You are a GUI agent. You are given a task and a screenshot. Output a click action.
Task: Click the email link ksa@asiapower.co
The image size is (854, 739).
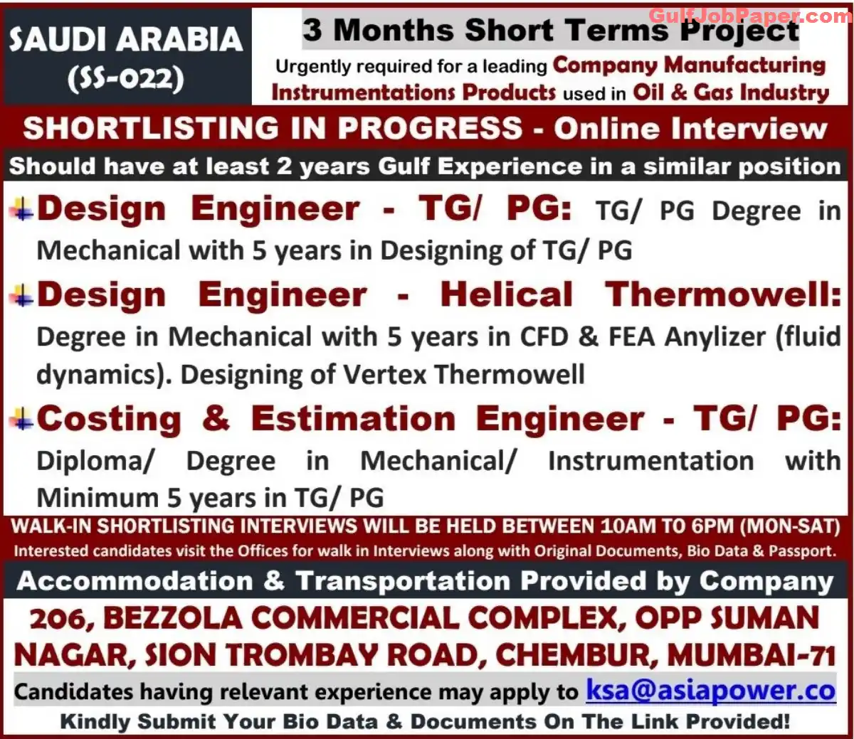tap(711, 691)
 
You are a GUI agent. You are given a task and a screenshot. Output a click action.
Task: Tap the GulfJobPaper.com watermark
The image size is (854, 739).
tap(750, 16)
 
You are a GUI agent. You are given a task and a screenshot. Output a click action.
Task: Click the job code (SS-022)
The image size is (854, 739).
tap(125, 78)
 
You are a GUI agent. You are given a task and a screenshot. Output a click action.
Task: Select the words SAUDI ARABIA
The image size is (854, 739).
tap(126, 39)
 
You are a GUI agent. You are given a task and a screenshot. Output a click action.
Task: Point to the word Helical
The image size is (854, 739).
tap(507, 294)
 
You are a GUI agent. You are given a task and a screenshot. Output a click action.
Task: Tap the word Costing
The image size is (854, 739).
tap(109, 419)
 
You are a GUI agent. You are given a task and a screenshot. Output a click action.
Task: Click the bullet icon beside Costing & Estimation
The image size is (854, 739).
tap(21, 419)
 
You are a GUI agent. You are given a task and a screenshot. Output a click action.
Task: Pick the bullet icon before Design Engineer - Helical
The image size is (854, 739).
tap(21, 296)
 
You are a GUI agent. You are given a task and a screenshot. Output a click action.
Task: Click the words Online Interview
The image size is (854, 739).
tap(691, 129)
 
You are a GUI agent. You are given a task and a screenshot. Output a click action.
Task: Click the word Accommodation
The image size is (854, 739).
tap(135, 581)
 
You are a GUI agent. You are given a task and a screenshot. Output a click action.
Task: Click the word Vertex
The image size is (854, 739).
tap(384, 374)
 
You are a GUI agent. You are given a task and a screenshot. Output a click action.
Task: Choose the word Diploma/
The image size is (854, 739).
tap(95, 460)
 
